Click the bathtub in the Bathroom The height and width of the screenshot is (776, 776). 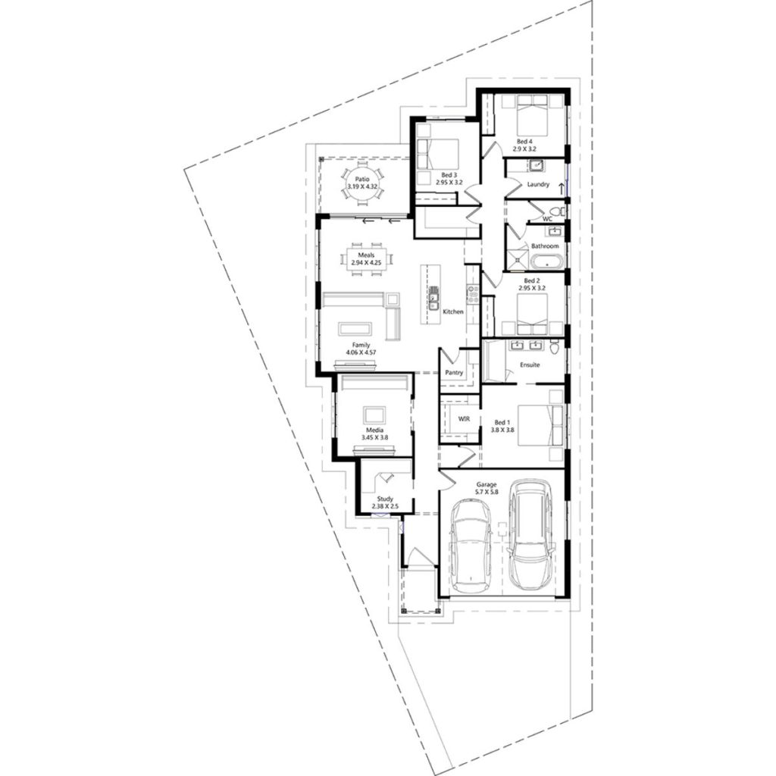545,263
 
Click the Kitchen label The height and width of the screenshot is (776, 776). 453,311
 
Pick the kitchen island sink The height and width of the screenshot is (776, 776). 435,297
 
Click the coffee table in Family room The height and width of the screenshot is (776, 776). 355,328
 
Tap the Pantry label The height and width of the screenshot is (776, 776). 455,373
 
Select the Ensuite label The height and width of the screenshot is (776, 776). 530,365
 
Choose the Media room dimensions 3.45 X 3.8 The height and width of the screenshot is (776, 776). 373,438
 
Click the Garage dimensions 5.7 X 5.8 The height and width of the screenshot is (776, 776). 486,492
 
